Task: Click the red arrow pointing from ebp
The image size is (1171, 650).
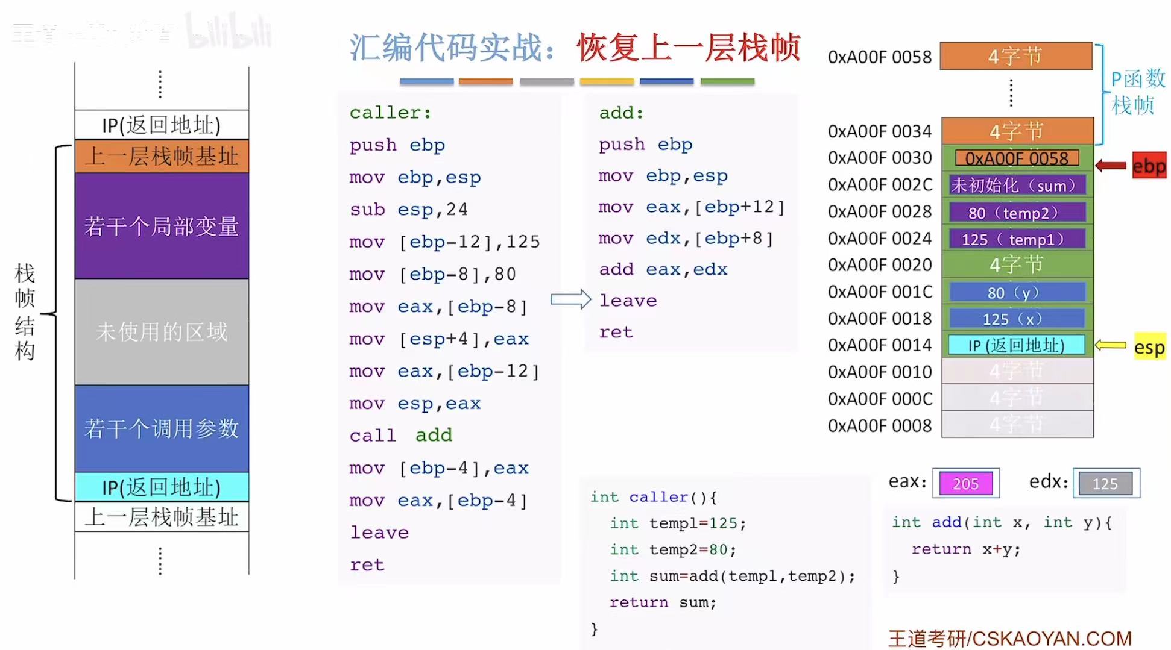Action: (x=1111, y=166)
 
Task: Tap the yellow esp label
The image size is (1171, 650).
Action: (x=1149, y=346)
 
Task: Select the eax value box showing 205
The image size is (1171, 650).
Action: (x=965, y=483)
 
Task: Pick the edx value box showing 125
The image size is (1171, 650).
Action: (x=1105, y=483)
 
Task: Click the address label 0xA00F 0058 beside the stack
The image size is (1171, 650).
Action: (x=879, y=57)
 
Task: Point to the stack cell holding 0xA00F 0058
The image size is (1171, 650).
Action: (x=1017, y=158)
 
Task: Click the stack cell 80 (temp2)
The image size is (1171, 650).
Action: (x=1017, y=213)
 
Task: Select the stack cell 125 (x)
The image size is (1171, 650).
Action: (x=1017, y=319)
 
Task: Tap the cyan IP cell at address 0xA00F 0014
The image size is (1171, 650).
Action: (x=1017, y=345)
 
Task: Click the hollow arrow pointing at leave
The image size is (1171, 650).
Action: (x=570, y=299)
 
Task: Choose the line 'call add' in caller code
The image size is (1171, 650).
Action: (x=401, y=435)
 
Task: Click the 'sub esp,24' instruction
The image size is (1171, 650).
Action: (x=409, y=210)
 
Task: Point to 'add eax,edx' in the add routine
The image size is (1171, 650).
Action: (x=663, y=269)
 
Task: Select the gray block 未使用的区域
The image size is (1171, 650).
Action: (x=162, y=331)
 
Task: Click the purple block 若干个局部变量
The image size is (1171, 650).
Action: (x=162, y=226)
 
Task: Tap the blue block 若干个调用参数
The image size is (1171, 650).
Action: (x=162, y=428)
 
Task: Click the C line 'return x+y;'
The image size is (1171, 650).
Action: (x=965, y=549)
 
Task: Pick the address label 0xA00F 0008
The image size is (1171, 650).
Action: (x=879, y=426)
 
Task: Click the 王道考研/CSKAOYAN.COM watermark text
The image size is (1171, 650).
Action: (x=1010, y=638)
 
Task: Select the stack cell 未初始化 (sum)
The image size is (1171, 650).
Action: (x=1017, y=186)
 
